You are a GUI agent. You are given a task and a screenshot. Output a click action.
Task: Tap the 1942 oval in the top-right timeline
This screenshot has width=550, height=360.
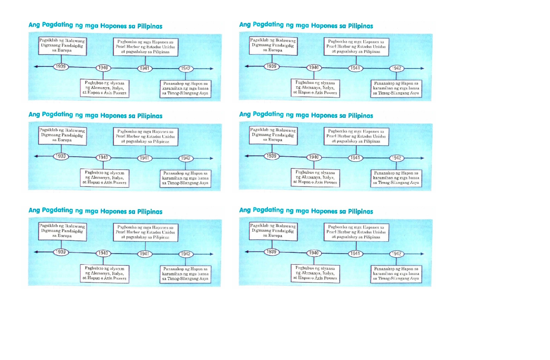pos(397,68)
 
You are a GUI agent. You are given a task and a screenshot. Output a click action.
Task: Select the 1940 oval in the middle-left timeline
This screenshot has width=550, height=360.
pos(103,158)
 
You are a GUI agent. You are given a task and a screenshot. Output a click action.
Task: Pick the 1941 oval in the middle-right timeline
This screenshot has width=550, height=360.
pos(355,157)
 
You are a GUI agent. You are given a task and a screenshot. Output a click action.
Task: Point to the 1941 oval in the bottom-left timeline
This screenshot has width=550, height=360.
pos(145,254)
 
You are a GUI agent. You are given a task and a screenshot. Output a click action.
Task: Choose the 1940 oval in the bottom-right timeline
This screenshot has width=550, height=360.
pos(313,253)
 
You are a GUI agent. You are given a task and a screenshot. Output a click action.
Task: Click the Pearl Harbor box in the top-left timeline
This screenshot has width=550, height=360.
pos(146,46)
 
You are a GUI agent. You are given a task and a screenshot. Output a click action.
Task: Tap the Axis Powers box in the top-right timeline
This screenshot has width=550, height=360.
pos(315,87)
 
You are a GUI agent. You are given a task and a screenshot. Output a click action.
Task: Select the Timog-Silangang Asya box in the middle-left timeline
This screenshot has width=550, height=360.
pos(185,178)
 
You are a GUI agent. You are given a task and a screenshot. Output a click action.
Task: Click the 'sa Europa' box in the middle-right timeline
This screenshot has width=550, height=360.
pos(272,135)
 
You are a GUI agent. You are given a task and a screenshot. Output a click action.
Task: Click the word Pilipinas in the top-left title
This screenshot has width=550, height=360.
pos(148,26)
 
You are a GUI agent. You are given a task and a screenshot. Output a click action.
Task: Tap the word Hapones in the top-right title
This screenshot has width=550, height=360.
pos(324,26)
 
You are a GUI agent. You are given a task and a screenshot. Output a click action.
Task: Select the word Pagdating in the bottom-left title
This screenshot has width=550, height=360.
pos(57,210)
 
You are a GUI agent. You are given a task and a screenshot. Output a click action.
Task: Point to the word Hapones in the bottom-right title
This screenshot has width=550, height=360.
pos(324,211)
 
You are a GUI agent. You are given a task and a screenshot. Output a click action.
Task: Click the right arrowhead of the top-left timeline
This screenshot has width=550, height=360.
pos(211,68)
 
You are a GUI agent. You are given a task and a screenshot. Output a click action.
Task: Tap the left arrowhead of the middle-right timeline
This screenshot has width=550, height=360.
pos(247,156)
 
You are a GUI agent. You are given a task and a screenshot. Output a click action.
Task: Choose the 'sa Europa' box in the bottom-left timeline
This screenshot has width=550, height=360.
pos(61,231)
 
